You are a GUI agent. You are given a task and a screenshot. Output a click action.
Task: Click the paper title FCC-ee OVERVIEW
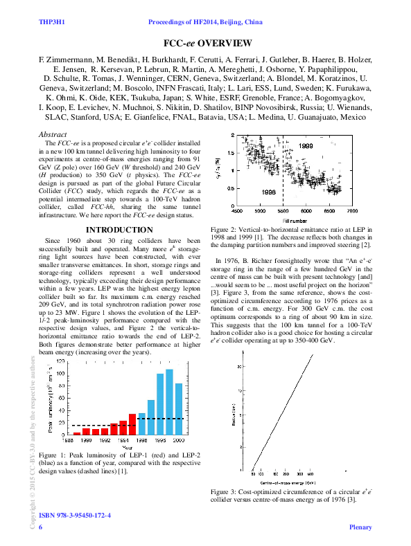coord(205,43)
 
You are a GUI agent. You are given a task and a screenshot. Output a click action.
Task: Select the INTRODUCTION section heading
coord(119,230)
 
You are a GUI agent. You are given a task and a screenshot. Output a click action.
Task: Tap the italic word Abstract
coord(53,134)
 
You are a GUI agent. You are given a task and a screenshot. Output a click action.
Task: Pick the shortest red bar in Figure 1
coord(77,433)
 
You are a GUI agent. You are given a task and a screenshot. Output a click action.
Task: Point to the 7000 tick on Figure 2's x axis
coord(352,211)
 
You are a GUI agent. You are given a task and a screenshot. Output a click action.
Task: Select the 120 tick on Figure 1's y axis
coord(62,362)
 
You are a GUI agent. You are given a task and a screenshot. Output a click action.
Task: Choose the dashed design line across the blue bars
coord(159,419)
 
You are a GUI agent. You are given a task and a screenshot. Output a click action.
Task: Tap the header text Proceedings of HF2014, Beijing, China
coord(205,23)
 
